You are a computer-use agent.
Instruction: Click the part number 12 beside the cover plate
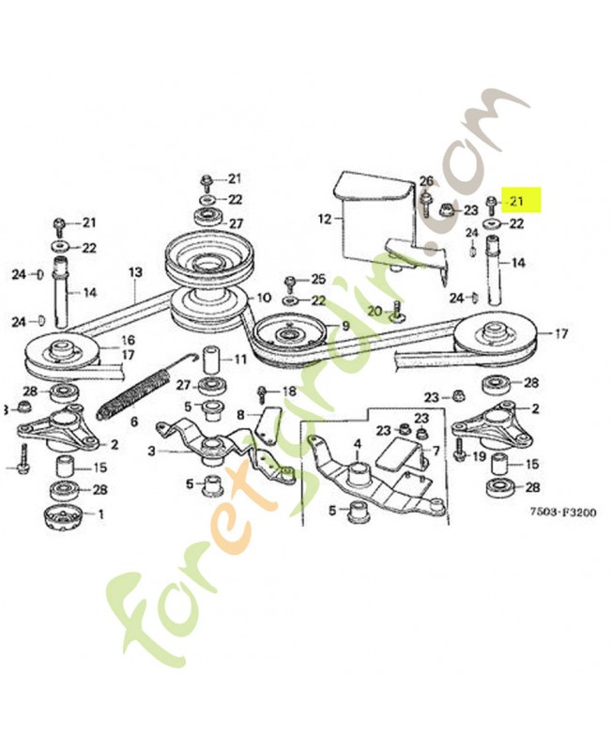(325, 219)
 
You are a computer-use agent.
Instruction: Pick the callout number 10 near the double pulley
(266, 298)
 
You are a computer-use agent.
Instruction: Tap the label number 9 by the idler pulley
(345, 326)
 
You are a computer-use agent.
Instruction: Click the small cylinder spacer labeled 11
(211, 359)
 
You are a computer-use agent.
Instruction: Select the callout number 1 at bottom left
(100, 513)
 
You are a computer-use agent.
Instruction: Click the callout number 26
(426, 181)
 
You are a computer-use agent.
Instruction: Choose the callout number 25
(318, 280)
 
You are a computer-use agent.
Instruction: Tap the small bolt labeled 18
(264, 392)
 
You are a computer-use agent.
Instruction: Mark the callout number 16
(128, 340)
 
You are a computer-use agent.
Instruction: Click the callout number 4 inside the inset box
(358, 443)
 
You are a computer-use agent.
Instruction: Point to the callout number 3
(152, 452)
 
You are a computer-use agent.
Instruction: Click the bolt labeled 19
(460, 455)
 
